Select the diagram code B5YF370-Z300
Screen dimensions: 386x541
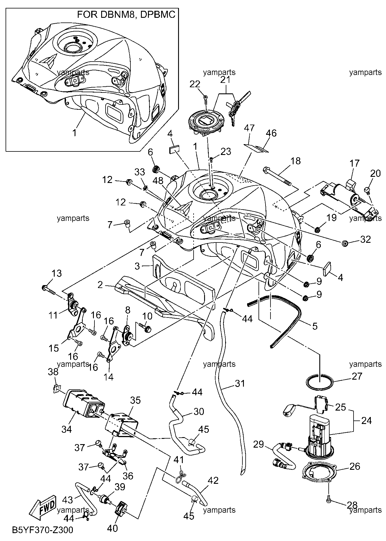coord(43,529)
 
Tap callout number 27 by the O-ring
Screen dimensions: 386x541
coord(357,376)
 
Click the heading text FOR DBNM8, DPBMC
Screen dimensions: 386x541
coord(126,15)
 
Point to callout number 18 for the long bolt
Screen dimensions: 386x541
coord(295,160)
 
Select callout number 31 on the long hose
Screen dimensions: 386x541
coord(240,383)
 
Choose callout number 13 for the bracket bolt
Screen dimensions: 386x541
coord(57,273)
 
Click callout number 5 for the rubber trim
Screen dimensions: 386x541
coord(315,326)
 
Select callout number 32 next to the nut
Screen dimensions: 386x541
coord(365,240)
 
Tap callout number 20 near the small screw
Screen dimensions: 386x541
coord(375,174)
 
